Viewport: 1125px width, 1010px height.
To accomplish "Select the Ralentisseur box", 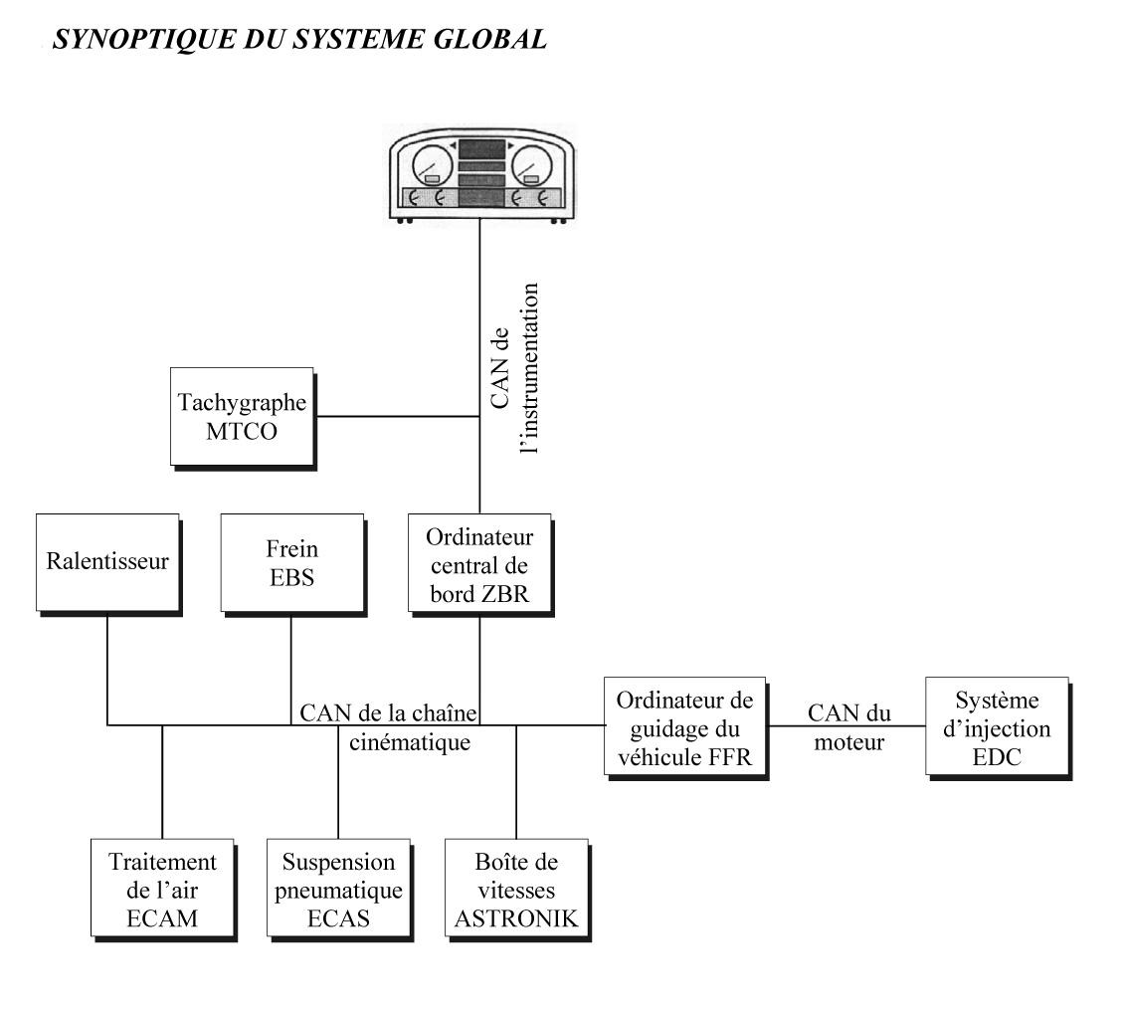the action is tap(108, 564).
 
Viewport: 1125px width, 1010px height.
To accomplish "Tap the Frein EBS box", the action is tap(292, 564).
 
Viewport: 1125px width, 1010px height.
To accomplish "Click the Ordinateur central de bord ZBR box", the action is tap(480, 564).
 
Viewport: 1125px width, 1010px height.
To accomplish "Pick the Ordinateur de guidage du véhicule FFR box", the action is tap(685, 727).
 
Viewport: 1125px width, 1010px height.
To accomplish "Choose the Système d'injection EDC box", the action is tap(998, 727).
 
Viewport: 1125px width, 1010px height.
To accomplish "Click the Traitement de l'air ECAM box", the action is tap(163, 890).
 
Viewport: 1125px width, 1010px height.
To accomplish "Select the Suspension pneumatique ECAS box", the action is tap(339, 890).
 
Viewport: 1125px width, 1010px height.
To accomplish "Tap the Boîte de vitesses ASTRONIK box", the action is tap(517, 890).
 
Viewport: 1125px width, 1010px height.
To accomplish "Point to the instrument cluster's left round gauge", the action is tap(433, 166).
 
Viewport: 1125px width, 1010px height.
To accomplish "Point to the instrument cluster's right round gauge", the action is tap(531, 166).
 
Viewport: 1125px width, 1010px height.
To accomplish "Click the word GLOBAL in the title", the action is tap(490, 39).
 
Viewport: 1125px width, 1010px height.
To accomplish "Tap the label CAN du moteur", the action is tap(849, 727).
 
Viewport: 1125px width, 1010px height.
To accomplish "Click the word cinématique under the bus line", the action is tap(410, 742).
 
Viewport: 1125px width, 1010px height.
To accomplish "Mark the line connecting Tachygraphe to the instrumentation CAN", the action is tap(398, 416).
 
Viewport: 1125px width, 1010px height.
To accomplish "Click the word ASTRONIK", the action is tap(516, 918).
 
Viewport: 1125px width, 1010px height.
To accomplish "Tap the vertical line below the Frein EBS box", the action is tap(291, 671).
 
